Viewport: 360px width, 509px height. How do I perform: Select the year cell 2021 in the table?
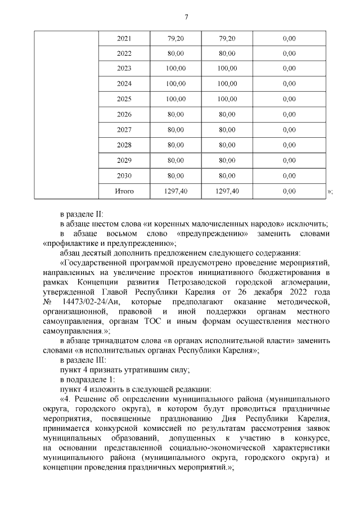coord(124,39)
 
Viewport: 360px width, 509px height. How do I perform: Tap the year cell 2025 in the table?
coord(124,100)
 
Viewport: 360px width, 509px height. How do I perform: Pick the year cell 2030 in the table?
coord(124,175)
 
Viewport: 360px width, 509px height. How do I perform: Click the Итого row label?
coord(124,191)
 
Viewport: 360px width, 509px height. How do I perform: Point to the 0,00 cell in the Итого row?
coord(289,191)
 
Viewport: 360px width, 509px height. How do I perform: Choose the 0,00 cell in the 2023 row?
coord(289,69)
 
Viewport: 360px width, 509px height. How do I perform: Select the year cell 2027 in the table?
coord(124,130)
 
